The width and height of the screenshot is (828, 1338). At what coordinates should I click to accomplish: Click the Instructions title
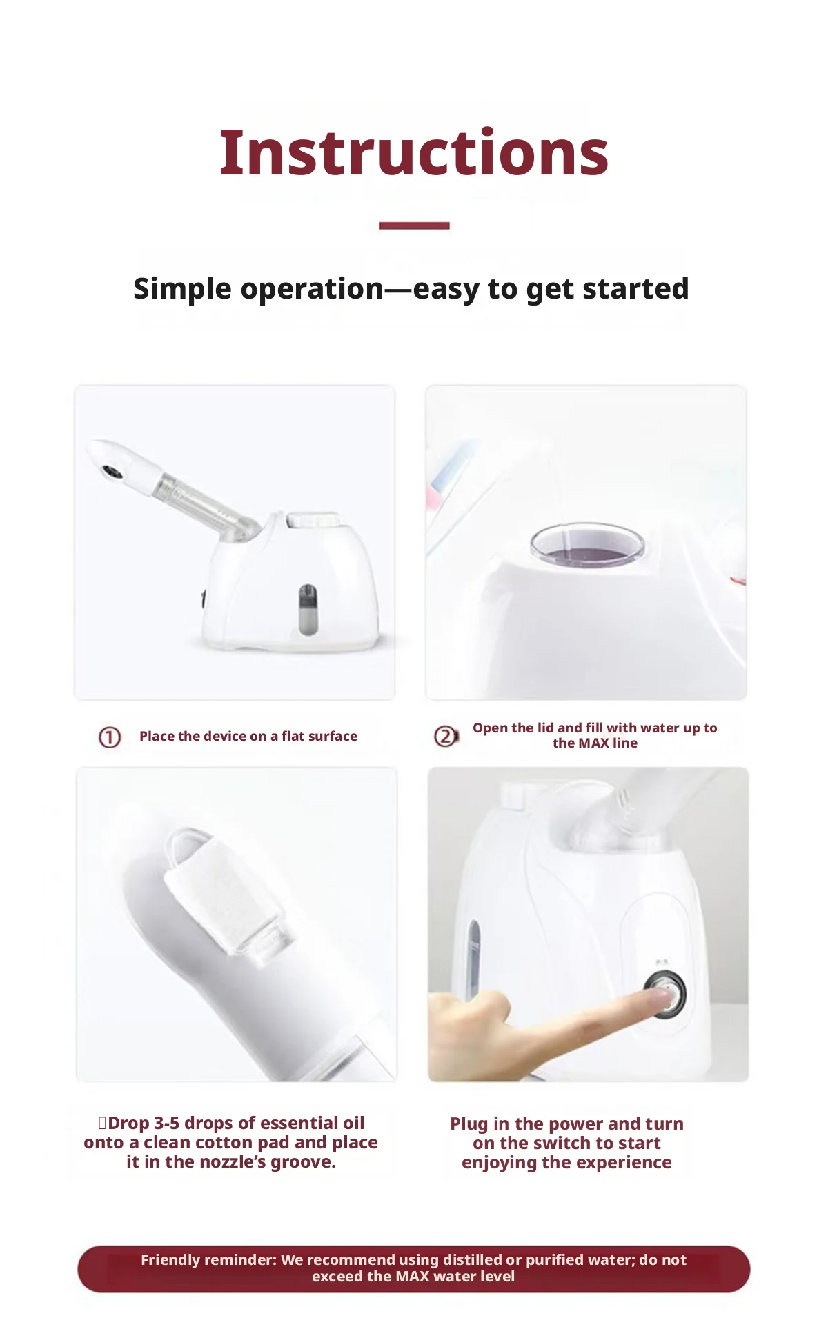click(414, 152)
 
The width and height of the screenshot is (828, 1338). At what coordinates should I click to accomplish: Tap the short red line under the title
click(414, 226)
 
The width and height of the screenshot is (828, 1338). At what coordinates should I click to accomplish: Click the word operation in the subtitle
click(312, 290)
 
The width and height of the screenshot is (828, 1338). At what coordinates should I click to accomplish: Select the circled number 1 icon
click(110, 737)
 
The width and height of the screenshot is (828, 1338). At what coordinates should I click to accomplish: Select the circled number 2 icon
click(446, 737)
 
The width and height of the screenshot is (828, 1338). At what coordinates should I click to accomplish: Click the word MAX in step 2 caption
click(593, 743)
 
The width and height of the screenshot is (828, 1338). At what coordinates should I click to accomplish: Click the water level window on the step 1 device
click(308, 609)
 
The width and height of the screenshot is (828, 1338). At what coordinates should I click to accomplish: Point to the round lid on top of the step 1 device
click(314, 519)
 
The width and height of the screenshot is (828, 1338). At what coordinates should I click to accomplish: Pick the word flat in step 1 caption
click(292, 736)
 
